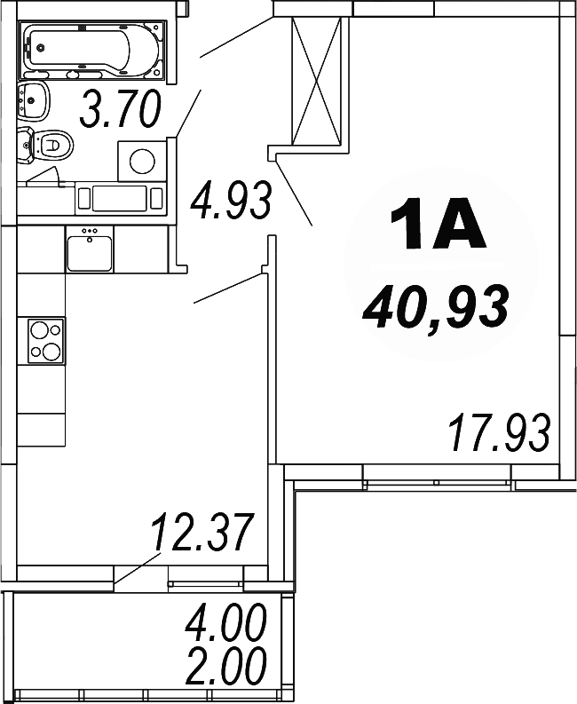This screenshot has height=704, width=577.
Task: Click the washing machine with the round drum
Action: click(142, 161)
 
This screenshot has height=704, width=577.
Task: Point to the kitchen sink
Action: click(89, 249)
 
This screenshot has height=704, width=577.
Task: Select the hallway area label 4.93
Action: click(230, 202)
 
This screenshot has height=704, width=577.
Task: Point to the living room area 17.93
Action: click(499, 433)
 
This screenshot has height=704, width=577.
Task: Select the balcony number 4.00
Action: click(225, 625)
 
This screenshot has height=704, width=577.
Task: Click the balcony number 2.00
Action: click(225, 666)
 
